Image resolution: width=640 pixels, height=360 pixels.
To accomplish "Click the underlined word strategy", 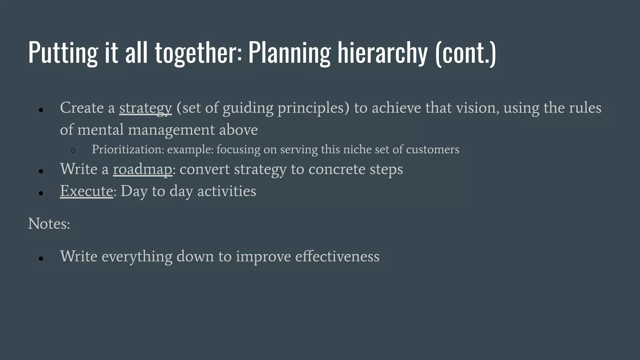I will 145,108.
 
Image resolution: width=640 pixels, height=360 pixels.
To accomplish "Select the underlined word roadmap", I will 142,169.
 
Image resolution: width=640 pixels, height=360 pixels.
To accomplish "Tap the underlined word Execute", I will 86,191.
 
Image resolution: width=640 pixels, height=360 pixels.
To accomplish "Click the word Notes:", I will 49,224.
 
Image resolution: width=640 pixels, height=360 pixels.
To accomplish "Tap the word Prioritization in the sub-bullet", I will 128,150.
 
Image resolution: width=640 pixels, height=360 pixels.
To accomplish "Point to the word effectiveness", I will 337,257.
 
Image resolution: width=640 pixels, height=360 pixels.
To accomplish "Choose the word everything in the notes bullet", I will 137,257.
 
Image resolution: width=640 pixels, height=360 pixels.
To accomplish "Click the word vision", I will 477,108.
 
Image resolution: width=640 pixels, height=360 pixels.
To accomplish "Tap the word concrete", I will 337,169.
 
